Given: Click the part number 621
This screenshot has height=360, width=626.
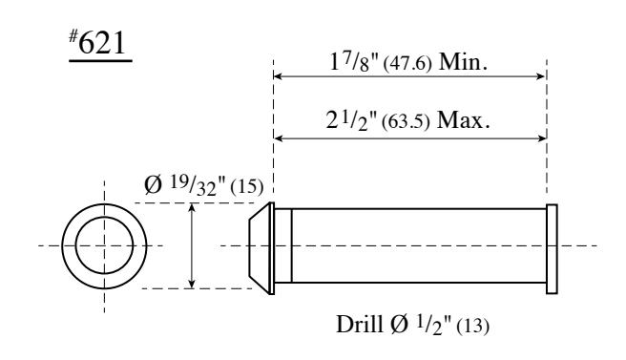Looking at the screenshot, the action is (x=102, y=43).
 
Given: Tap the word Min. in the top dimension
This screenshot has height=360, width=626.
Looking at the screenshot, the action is (x=463, y=62).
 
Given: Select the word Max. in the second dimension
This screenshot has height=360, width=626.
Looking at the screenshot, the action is (x=463, y=120).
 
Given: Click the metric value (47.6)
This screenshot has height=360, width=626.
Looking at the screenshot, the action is (x=407, y=64).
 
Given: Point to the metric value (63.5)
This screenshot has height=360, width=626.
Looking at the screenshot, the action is (x=406, y=121).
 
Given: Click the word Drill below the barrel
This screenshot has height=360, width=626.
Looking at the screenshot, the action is (x=360, y=324).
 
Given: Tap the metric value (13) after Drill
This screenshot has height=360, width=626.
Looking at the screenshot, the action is (x=472, y=326).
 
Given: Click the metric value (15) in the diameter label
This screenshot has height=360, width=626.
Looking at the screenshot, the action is (x=247, y=186).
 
